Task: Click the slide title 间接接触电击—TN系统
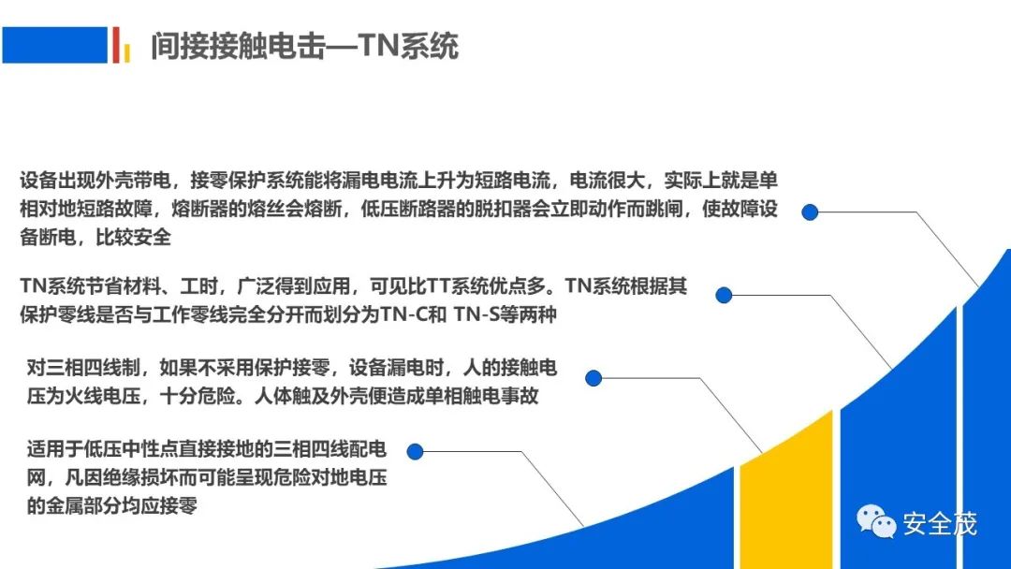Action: click(x=304, y=46)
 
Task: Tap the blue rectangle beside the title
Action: click(x=55, y=45)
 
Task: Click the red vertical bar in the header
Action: click(x=116, y=45)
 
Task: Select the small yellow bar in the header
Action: click(x=127, y=52)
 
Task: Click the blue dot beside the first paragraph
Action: click(x=810, y=212)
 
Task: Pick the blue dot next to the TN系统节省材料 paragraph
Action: click(x=724, y=295)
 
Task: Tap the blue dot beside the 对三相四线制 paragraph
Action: click(x=593, y=377)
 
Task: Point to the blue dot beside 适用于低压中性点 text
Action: click(x=416, y=452)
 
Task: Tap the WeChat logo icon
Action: click(x=875, y=520)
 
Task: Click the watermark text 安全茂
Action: click(x=940, y=523)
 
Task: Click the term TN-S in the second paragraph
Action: click(x=476, y=314)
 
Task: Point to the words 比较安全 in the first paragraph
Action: click(x=134, y=237)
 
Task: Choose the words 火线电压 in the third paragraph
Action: click(x=103, y=396)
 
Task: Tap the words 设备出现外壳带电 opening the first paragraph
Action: click(x=95, y=181)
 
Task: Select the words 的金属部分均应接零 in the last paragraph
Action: click(x=111, y=506)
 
